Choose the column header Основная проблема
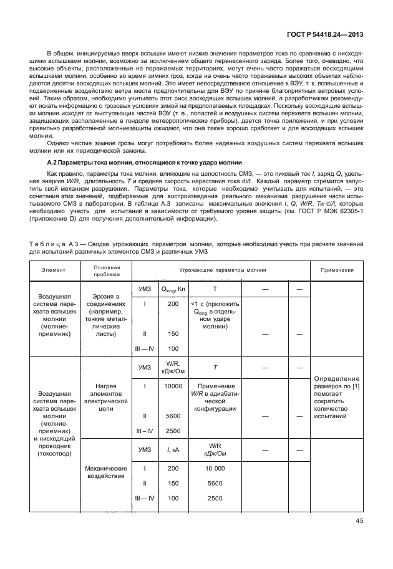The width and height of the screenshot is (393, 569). click(102, 270)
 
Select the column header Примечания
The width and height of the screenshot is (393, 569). click(337, 270)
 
